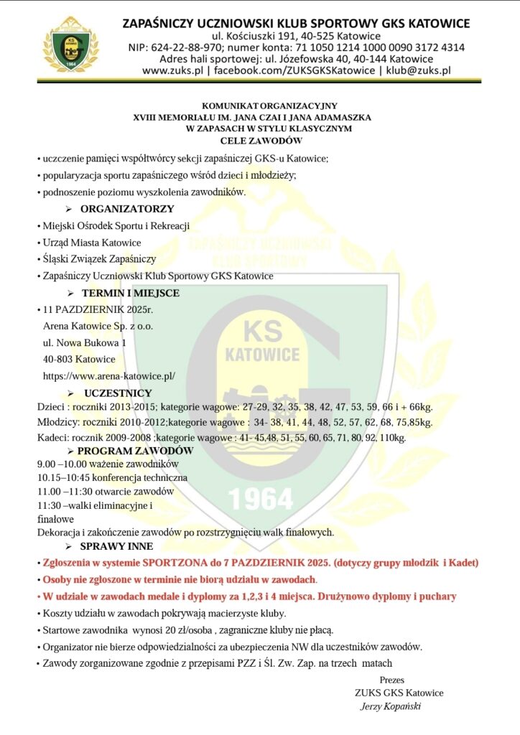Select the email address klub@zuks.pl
[418, 70]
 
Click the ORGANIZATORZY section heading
[127, 209]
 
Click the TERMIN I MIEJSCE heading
[130, 293]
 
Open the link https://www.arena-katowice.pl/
[109, 375]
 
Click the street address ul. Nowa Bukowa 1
[85, 343]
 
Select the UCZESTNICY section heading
[118, 393]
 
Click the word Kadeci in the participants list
[52, 437]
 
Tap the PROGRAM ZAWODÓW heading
[135, 451]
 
